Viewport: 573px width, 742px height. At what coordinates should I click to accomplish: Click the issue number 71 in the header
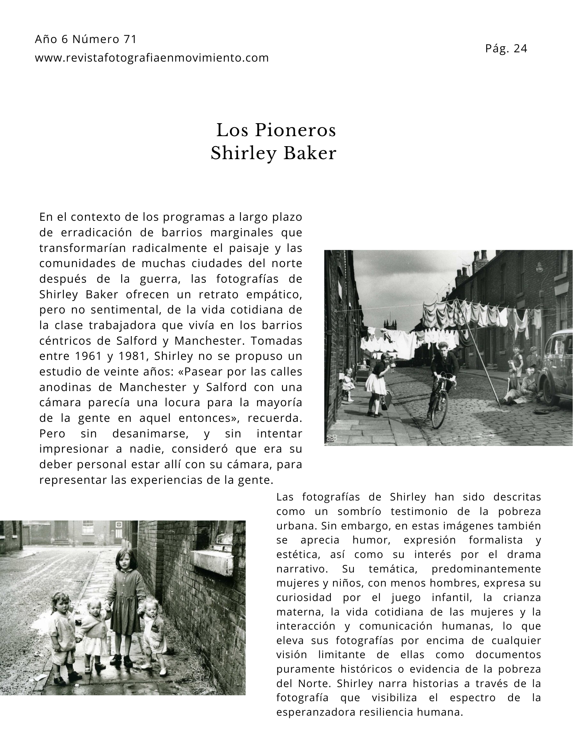(130, 39)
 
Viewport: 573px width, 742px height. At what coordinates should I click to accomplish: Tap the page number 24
(520, 49)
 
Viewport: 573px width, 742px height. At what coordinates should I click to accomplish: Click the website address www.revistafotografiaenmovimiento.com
(152, 58)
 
